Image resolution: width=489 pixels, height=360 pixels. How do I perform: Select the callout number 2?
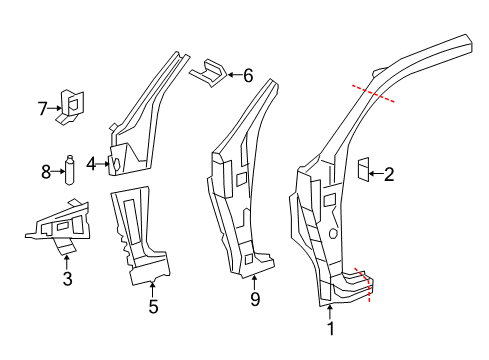(389, 175)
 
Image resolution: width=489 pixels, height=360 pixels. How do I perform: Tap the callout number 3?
(67, 279)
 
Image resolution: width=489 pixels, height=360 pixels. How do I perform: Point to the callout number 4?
(90, 162)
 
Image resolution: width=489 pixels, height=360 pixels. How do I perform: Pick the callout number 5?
(152, 307)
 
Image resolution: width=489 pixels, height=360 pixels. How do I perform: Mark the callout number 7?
(42, 107)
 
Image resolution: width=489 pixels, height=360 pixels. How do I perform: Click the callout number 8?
(46, 172)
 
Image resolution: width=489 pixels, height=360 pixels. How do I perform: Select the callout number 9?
(255, 299)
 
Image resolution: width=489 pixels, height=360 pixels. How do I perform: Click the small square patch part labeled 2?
(362, 171)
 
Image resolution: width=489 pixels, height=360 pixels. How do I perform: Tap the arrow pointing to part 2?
(375, 174)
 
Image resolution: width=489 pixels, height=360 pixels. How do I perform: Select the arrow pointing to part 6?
(232, 73)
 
